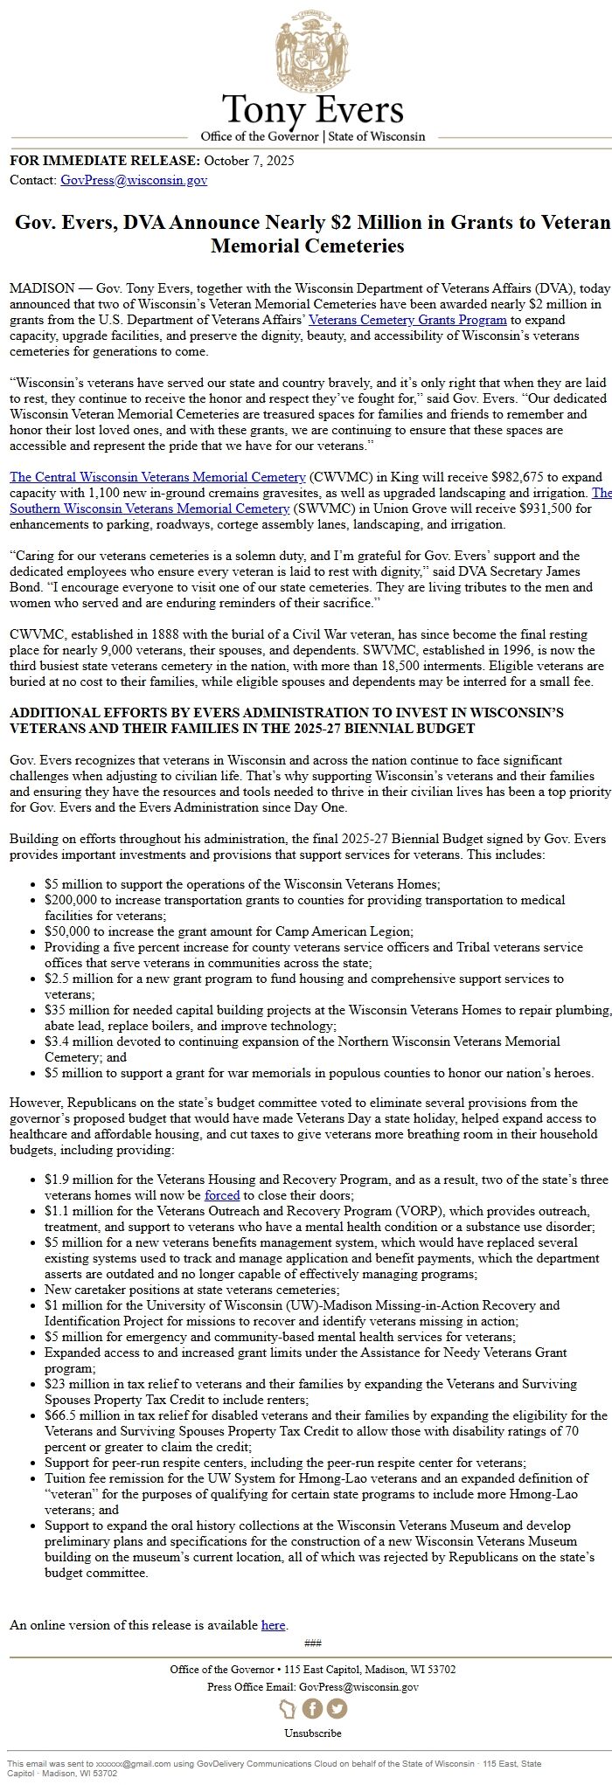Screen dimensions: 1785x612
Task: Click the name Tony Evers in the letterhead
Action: [x=312, y=110]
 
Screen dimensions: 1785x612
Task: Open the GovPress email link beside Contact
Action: [x=134, y=181]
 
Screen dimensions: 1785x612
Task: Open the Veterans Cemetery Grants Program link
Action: [x=407, y=320]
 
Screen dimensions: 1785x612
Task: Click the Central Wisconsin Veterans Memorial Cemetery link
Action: [x=157, y=477]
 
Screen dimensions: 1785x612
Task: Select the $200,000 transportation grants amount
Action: [x=73, y=900]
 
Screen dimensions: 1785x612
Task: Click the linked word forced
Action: [x=222, y=1195]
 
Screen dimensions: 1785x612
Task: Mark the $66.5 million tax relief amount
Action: [x=87, y=1415]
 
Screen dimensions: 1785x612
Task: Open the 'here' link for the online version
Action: [x=273, y=1625]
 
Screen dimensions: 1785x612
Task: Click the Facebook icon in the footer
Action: [x=312, y=1709]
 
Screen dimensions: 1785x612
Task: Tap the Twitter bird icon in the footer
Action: [x=337, y=1709]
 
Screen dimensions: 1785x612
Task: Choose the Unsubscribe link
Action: [x=312, y=1733]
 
